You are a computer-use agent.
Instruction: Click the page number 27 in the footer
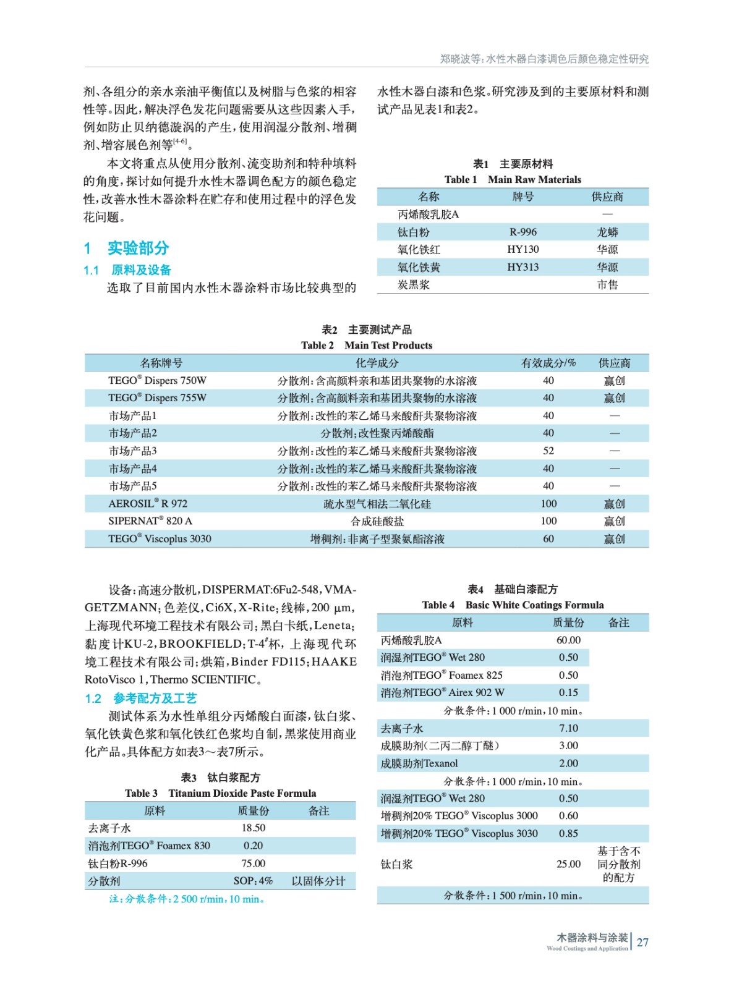[x=642, y=942]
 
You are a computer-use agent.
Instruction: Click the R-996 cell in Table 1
[x=523, y=232]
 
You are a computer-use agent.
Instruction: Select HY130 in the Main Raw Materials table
[x=523, y=249]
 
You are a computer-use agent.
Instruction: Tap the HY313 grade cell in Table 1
[x=523, y=267]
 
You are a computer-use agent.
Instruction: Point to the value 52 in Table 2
[x=548, y=451]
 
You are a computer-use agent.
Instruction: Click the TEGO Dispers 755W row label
[x=157, y=397]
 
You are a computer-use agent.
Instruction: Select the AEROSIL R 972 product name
[x=148, y=503]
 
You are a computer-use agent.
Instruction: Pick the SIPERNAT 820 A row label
[x=150, y=520]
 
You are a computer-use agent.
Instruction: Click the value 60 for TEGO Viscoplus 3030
[x=548, y=538]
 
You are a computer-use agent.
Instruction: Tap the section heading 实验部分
[x=138, y=248]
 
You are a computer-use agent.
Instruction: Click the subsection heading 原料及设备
[x=141, y=270]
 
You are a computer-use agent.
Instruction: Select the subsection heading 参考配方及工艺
[x=155, y=698]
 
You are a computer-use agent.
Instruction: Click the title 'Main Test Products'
[x=388, y=345]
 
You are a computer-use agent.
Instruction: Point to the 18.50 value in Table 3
[x=254, y=828]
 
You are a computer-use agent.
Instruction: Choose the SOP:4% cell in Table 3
[x=253, y=881]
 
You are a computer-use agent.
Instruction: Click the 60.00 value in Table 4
[x=568, y=640]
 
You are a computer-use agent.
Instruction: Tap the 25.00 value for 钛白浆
[x=568, y=864]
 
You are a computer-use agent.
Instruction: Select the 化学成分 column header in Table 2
[x=377, y=363]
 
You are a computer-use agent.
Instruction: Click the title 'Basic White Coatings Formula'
[x=534, y=605]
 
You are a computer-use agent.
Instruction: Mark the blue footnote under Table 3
[x=187, y=899]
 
